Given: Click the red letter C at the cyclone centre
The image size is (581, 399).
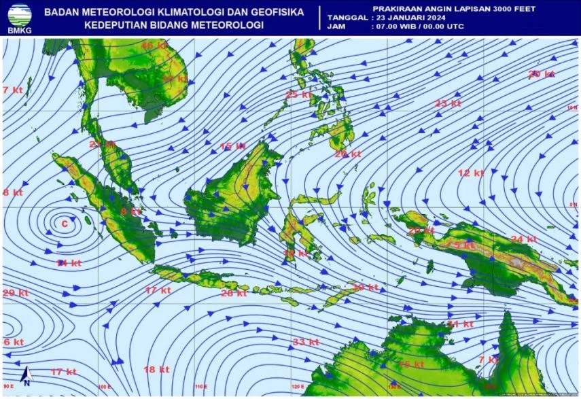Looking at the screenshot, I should [65, 223].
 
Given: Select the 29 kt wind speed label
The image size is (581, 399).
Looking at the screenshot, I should [15, 293].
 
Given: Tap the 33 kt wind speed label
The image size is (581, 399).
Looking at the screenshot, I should [306, 341].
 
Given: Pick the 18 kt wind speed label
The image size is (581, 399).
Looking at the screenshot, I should [156, 369].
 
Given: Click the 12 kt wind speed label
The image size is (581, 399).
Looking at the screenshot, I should [470, 173].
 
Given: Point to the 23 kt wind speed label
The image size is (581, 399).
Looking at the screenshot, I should [448, 103].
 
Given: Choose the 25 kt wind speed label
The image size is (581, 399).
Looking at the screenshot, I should [298, 94].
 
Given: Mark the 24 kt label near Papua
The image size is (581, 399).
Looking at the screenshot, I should [524, 239].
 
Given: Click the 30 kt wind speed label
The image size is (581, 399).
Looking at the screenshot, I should [365, 288].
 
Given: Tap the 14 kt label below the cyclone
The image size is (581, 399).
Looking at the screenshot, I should [69, 262].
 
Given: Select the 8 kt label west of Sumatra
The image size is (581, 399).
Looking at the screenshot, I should [12, 192].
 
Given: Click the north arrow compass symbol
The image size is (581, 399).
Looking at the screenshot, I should [25, 376].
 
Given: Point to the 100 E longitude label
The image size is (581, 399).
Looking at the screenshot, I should [104, 387].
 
